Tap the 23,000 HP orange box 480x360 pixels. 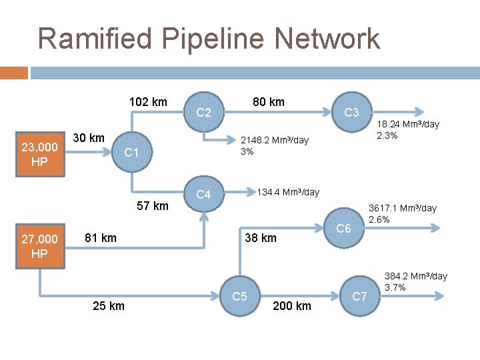pyautogui.click(x=39, y=154)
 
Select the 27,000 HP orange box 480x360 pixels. pyautogui.click(x=39, y=247)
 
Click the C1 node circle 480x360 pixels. pyautogui.click(x=132, y=153)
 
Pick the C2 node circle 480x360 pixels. pyautogui.click(x=204, y=113)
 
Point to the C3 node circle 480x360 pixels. pyautogui.click(x=352, y=113)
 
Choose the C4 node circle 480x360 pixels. pyautogui.click(x=204, y=195)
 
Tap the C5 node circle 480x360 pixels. pyautogui.click(x=240, y=295)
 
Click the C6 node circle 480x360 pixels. pyautogui.click(x=344, y=229)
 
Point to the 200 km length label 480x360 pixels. pyautogui.click(x=292, y=306)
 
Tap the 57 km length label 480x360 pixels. pyautogui.click(x=153, y=205)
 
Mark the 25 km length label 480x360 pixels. pyautogui.click(x=108, y=306)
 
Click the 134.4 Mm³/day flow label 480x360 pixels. pyautogui.click(x=288, y=192)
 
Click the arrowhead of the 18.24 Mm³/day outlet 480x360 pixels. pyautogui.click(x=421, y=112)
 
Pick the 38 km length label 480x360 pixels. pyautogui.click(x=260, y=238)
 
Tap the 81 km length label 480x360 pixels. pyautogui.click(x=101, y=237)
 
